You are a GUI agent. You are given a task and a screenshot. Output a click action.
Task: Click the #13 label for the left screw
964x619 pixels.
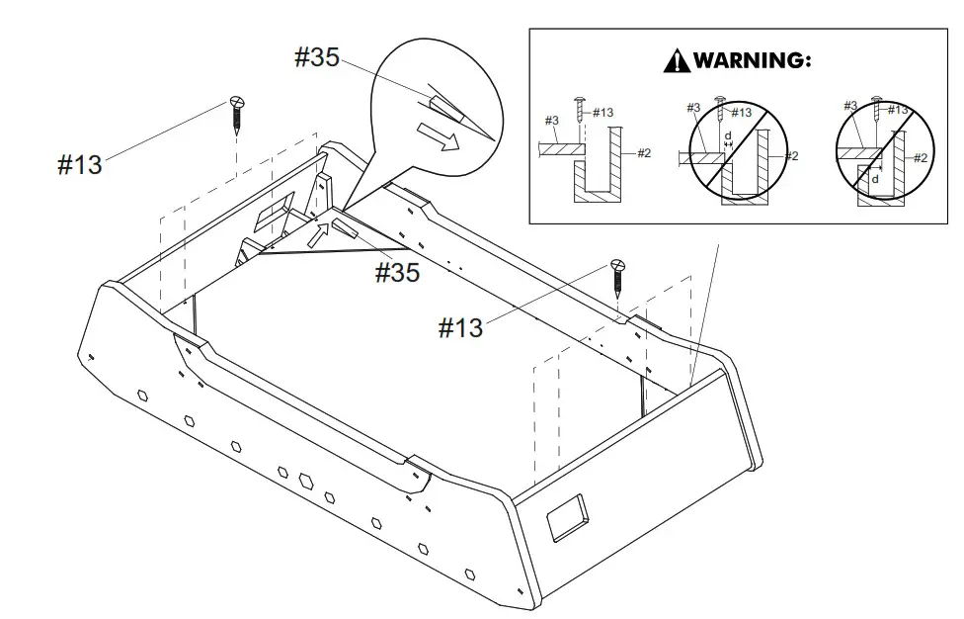click(80, 164)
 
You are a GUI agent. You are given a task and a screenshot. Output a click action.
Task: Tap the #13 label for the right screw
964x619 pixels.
click(461, 327)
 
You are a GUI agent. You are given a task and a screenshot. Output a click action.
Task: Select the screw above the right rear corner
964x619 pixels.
click(618, 276)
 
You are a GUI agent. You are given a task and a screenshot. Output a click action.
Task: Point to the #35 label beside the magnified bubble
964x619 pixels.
click(317, 57)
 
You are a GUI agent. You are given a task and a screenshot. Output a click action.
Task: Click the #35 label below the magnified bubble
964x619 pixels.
click(397, 272)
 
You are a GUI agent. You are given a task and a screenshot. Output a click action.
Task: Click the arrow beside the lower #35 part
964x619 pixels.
click(318, 234)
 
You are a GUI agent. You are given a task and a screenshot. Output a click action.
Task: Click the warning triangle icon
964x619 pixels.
click(677, 61)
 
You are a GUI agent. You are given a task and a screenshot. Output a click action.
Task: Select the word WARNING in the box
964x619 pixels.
click(753, 60)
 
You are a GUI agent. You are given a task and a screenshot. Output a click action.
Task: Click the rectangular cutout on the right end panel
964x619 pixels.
click(568, 517)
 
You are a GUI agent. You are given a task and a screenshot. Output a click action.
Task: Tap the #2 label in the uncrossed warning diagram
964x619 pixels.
click(643, 153)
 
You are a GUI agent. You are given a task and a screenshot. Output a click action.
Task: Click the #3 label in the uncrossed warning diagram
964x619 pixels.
click(552, 121)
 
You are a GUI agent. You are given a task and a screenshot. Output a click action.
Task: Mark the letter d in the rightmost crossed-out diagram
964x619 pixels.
click(874, 179)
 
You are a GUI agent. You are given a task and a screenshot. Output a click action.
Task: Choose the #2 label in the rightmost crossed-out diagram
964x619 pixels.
click(920, 158)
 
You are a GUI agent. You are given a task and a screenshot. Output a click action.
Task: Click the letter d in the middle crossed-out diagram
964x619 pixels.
click(728, 135)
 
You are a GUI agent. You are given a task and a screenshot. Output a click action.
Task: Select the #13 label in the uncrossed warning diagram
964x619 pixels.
click(601, 113)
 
